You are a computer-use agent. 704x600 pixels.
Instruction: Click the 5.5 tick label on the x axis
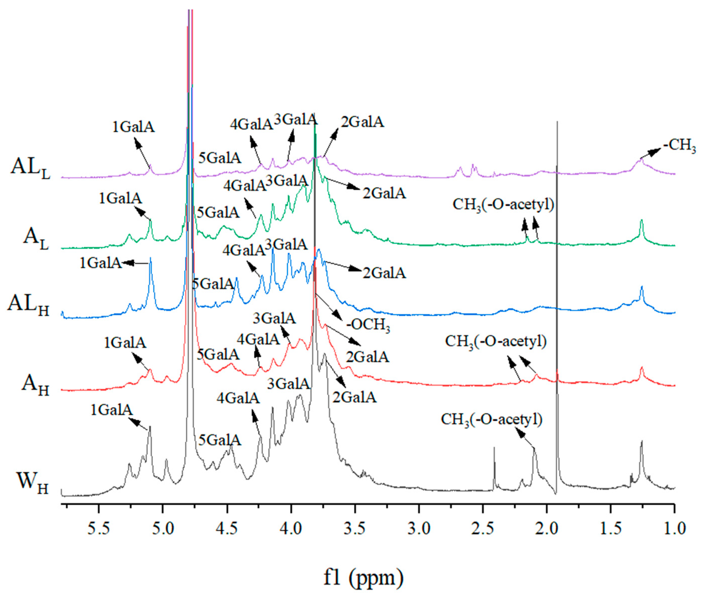tap(99, 529)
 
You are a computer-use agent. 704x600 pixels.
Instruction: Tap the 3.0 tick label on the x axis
tap(419, 529)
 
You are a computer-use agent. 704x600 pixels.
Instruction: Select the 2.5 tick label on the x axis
tap(483, 529)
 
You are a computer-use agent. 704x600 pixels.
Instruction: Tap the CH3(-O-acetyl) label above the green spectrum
tap(503, 205)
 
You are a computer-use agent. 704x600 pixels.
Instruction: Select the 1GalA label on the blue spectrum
tap(101, 263)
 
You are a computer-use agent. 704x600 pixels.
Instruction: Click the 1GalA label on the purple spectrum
tap(134, 127)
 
